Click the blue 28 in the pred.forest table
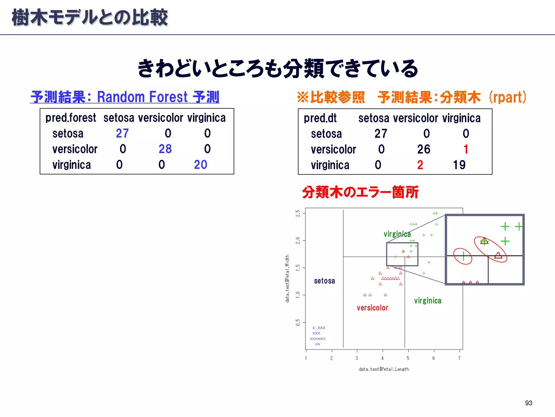[165, 149]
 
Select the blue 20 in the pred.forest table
[201, 165]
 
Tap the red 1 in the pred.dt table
[466, 149]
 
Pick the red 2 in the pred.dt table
[420, 165]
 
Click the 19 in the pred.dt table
[459, 165]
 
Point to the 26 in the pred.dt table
[424, 149]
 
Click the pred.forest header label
[70, 118]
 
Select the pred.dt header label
[320, 118]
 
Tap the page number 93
[528, 403]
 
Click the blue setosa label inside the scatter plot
[324, 281]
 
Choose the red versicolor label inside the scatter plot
[372, 308]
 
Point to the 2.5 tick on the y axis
[298, 213]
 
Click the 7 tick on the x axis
[459, 358]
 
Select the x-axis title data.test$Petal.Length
[384, 369]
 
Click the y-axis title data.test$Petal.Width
[287, 279]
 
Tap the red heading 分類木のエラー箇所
[360, 192]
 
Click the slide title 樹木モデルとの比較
[90, 18]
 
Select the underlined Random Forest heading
[125, 97]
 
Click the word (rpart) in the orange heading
[508, 97]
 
